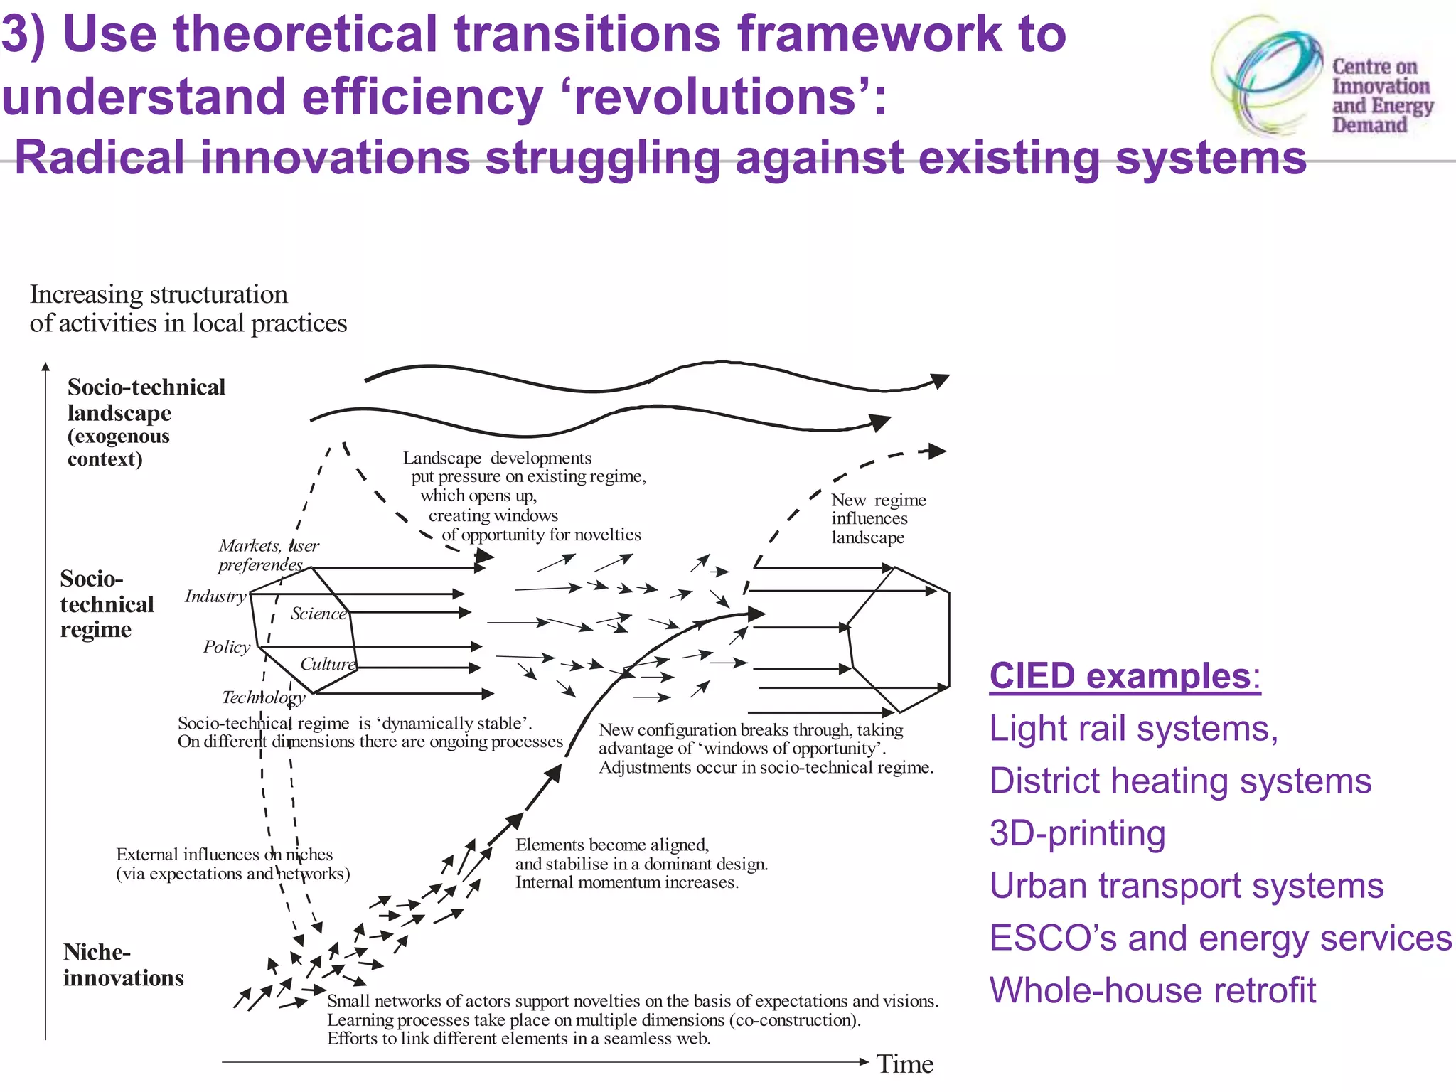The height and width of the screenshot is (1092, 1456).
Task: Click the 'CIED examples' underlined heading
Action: pyautogui.click(x=1124, y=675)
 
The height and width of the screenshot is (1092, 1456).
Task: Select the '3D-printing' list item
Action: pyautogui.click(x=1077, y=833)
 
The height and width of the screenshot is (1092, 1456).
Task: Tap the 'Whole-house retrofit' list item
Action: pyautogui.click(x=1152, y=990)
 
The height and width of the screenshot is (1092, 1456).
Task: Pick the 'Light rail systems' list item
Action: pyautogui.click(x=1133, y=728)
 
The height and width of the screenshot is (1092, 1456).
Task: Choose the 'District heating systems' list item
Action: pyautogui.click(x=1180, y=781)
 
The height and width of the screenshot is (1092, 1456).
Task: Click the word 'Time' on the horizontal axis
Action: pyautogui.click(x=904, y=1064)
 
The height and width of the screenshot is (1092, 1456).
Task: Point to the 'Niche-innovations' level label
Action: pyautogui.click(x=122, y=965)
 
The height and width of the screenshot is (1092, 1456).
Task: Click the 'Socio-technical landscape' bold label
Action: pyautogui.click(x=146, y=400)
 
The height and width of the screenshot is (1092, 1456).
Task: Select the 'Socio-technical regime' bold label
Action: pyautogui.click(x=107, y=604)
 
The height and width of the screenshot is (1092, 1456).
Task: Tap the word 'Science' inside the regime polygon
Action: pyautogui.click(x=318, y=613)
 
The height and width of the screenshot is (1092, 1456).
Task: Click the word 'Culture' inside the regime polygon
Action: pyautogui.click(x=328, y=663)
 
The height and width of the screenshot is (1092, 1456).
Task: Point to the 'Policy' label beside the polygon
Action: pyautogui.click(x=227, y=646)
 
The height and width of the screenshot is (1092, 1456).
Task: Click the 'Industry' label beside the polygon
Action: pyautogui.click(x=215, y=596)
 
